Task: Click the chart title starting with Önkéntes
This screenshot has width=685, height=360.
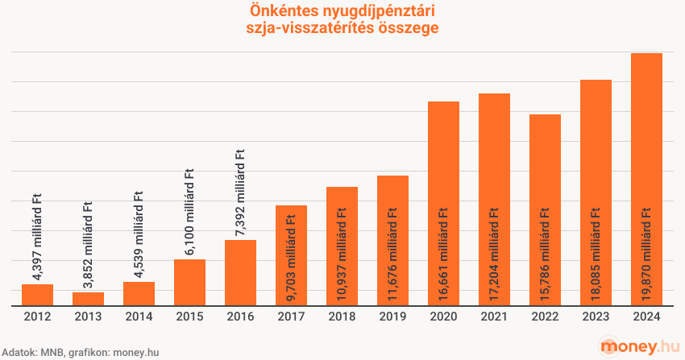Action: (343, 19)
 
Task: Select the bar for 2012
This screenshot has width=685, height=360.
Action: (37, 295)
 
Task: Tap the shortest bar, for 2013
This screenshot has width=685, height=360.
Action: (88, 299)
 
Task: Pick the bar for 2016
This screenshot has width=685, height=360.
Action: (240, 273)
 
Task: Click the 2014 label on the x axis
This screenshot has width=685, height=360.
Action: (139, 318)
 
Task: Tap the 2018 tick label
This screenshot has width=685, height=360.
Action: (342, 318)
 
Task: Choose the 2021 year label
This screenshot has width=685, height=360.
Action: (494, 318)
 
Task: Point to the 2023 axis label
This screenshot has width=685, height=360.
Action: (596, 318)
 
